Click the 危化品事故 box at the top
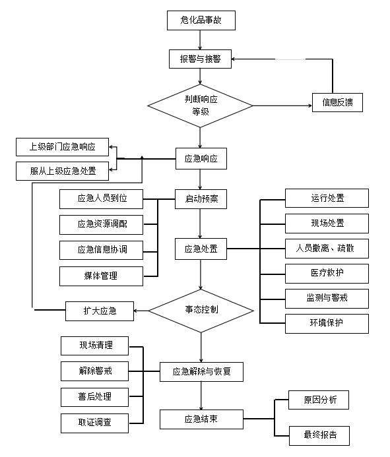201,20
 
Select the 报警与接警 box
201,59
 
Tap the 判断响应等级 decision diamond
200,106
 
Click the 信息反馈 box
337,102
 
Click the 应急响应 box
201,158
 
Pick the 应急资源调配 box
101,224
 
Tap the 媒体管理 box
101,276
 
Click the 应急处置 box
201,249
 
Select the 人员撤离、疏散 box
327,249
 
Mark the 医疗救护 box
327,273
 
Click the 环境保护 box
327,323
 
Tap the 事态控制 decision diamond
201,309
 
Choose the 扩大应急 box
100,311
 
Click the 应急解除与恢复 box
201,372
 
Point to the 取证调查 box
94,422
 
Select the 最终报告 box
319,435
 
